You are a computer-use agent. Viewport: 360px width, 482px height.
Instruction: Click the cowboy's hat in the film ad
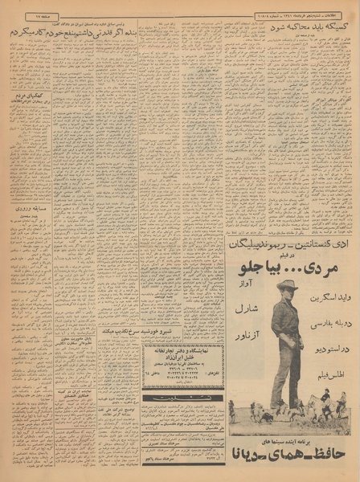click(287, 284)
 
